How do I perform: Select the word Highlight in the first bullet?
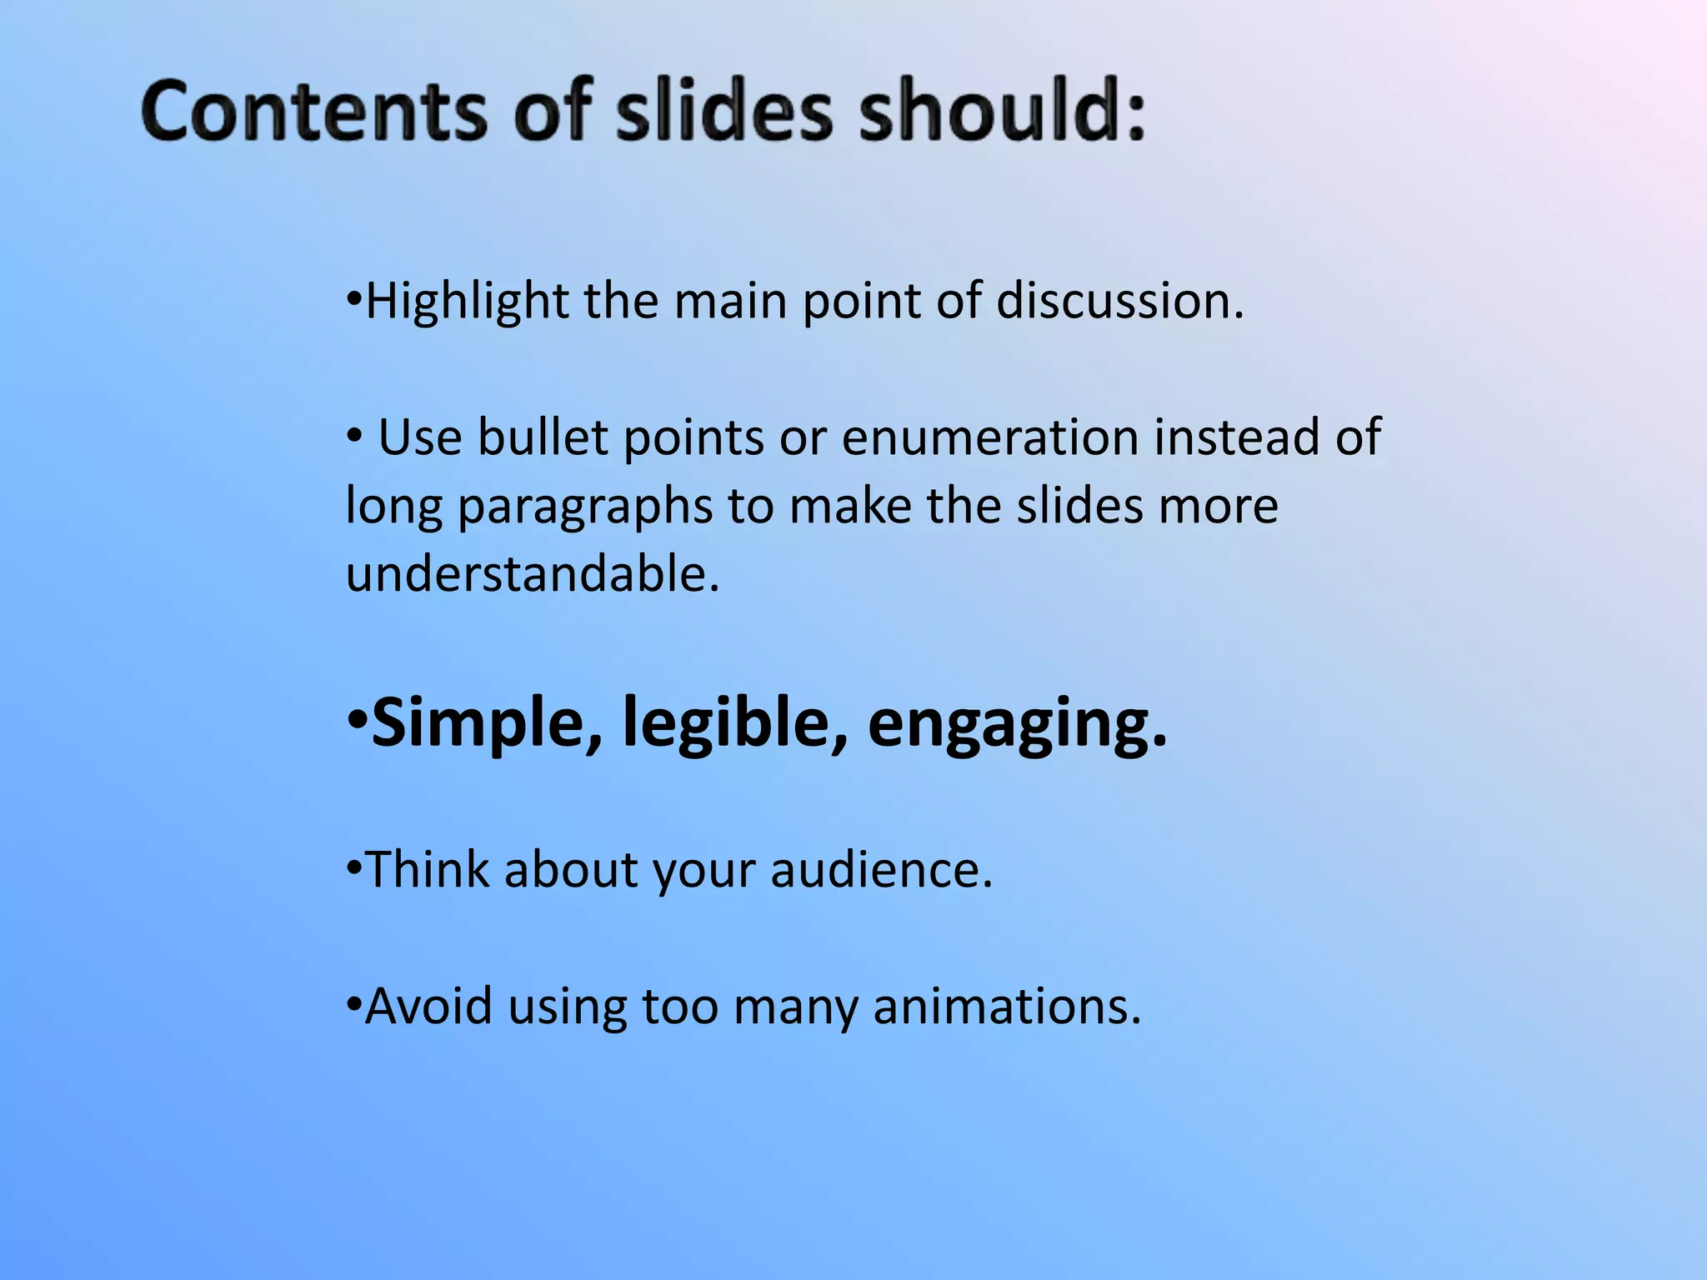tap(467, 302)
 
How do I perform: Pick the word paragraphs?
tap(585, 507)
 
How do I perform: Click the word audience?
tap(880, 870)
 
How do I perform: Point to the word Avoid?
tap(428, 1007)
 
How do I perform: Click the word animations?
tap(1005, 1007)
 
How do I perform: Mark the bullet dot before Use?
tap(354, 435)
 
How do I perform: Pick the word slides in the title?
tap(723, 111)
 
